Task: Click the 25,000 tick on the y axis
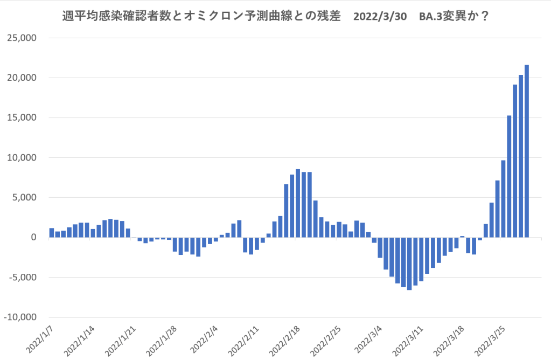(x=21, y=38)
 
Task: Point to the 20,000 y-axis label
(x=21, y=78)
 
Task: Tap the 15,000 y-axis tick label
(x=21, y=118)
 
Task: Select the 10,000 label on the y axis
(x=21, y=158)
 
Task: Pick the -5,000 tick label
(x=21, y=278)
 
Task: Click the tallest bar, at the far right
(x=527, y=151)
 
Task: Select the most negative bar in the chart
(x=409, y=264)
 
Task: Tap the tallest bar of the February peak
(x=298, y=203)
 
